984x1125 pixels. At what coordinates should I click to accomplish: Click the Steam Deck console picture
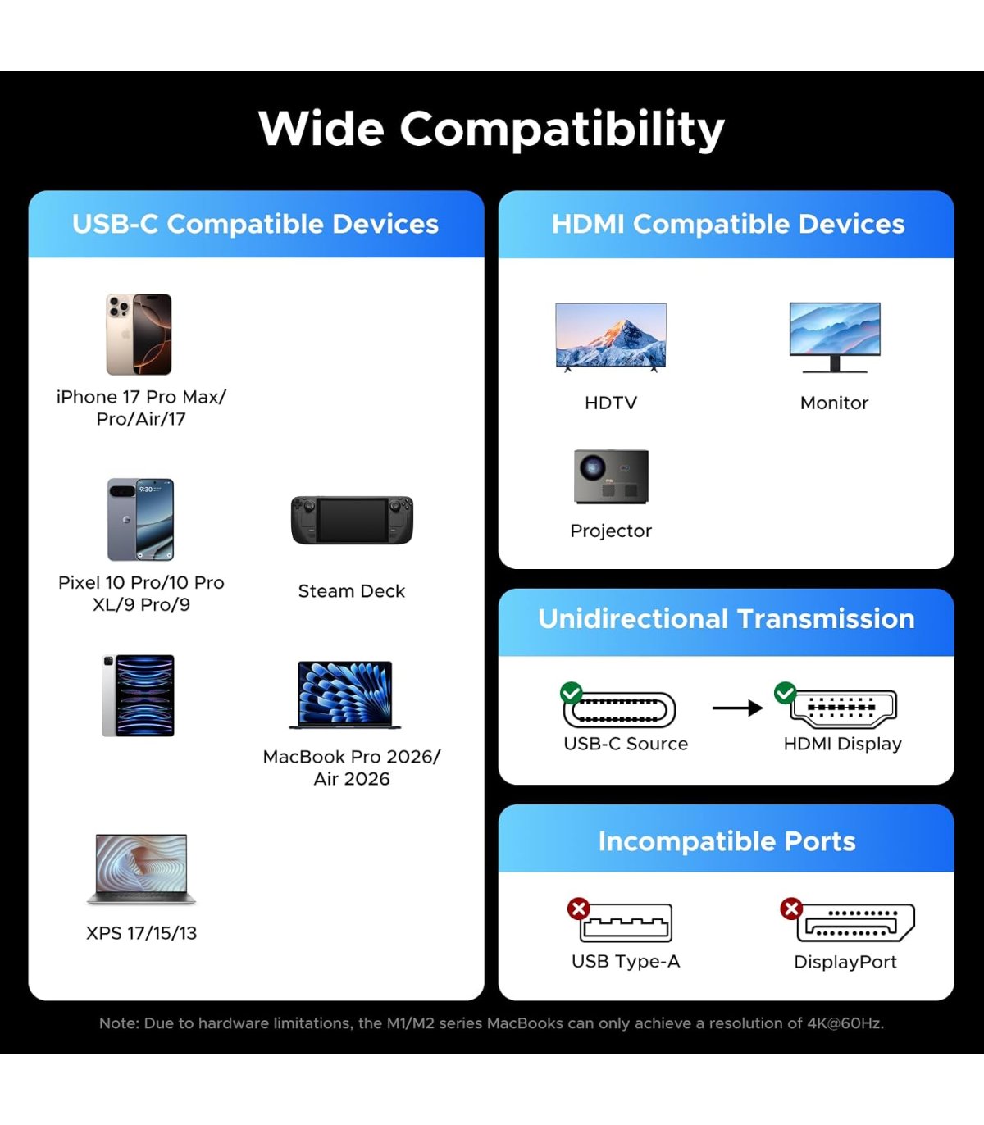(x=352, y=520)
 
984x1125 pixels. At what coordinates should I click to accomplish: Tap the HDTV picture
(x=611, y=337)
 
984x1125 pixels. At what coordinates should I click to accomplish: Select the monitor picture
(x=835, y=337)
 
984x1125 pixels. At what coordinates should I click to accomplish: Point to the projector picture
(x=611, y=476)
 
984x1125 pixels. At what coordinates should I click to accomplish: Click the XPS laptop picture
(x=141, y=869)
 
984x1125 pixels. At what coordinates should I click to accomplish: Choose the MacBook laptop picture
(x=344, y=695)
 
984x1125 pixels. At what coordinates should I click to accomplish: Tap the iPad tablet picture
(x=139, y=695)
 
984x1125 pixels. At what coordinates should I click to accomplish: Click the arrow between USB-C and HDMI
(x=738, y=708)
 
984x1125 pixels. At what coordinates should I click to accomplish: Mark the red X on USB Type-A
(x=578, y=909)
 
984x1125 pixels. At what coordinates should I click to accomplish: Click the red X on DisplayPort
(x=791, y=909)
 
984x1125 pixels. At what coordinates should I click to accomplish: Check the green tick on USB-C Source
(x=572, y=693)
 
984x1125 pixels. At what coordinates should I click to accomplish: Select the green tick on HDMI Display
(x=785, y=692)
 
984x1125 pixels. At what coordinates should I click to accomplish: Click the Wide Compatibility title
(x=491, y=130)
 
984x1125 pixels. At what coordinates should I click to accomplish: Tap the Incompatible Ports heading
(x=727, y=841)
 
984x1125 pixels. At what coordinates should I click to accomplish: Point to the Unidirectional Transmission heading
(x=727, y=618)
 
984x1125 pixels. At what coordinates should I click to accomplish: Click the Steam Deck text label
(x=352, y=591)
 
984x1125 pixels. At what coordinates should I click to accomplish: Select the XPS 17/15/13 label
(x=141, y=933)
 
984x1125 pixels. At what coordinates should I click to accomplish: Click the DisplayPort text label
(x=845, y=962)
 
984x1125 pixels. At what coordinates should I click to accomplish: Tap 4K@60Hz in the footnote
(x=845, y=1023)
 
